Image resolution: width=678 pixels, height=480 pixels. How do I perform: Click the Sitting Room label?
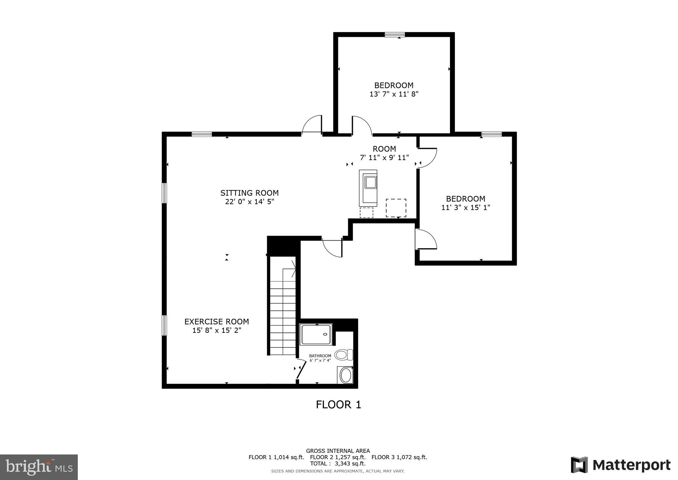249,193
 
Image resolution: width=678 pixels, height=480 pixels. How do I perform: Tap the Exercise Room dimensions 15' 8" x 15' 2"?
217,330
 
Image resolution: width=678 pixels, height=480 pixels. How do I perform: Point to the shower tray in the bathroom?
316,334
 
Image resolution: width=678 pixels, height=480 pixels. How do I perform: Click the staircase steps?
282,318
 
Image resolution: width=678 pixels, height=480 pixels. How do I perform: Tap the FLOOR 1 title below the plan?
338,405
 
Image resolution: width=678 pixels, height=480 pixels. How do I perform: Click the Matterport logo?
620,465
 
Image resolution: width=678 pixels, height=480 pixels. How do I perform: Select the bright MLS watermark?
39,467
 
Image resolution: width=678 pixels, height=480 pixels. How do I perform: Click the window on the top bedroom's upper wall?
395,34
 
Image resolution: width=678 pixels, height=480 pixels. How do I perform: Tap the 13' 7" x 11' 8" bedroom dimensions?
394,94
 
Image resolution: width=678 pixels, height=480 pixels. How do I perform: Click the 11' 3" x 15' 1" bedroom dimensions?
465,208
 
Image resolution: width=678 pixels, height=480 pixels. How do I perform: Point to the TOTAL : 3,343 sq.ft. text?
338,464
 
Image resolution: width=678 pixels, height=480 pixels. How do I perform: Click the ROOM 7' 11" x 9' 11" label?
384,153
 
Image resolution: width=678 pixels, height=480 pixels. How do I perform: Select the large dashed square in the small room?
396,208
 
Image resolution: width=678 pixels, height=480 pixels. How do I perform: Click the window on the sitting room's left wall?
164,193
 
